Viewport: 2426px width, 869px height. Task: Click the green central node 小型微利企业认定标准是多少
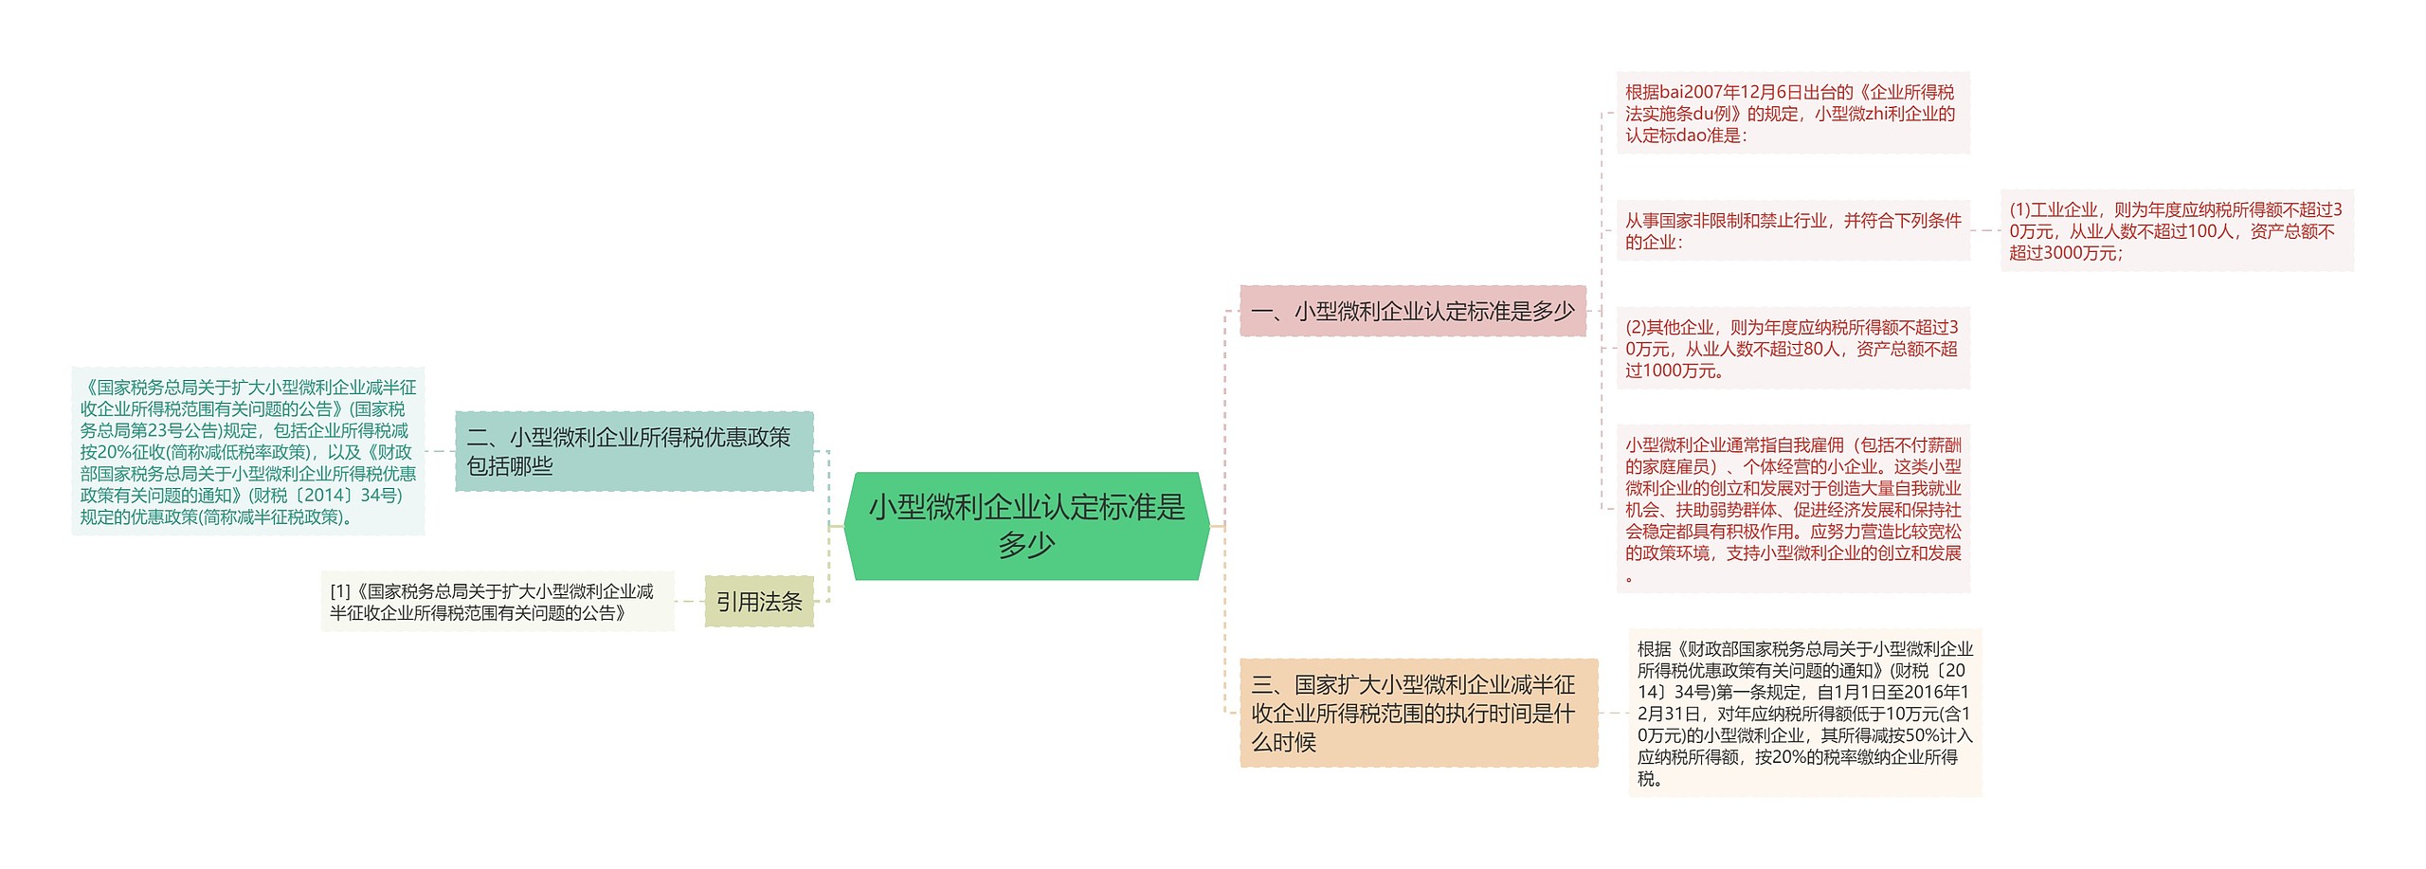[1026, 526]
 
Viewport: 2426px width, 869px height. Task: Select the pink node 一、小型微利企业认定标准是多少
[1412, 311]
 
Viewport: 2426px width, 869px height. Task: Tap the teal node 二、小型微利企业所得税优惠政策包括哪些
[633, 451]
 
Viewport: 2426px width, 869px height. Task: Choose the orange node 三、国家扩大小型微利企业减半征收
[1418, 713]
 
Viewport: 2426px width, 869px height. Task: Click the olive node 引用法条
[758, 602]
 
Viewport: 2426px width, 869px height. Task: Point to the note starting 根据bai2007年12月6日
[1791, 113]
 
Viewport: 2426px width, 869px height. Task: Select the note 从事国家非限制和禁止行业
[1791, 230]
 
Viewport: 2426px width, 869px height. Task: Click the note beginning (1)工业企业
[2176, 230]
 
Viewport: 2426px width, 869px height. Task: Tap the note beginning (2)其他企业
[1791, 348]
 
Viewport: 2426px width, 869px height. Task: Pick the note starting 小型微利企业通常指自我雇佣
[1791, 509]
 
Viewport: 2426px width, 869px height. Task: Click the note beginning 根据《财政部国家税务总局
[1804, 713]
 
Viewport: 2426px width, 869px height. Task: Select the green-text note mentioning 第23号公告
[247, 451]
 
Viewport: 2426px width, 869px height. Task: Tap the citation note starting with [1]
[497, 602]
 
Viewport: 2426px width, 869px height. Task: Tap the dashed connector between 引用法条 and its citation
[689, 602]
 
